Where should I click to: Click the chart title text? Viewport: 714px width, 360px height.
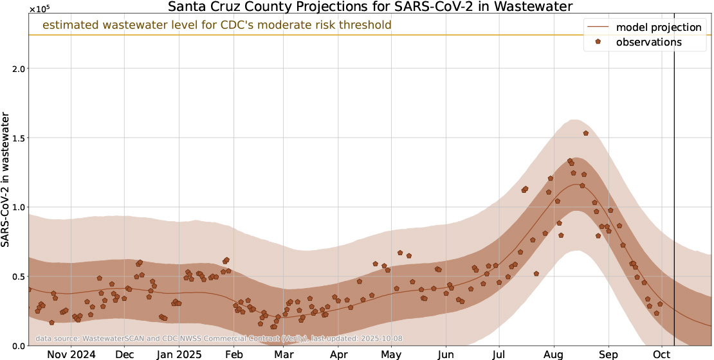[x=370, y=8]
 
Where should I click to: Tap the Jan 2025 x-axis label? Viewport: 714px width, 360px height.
[x=178, y=354]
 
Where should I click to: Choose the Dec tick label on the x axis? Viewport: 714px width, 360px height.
[x=125, y=354]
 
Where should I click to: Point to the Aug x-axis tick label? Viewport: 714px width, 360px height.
[x=553, y=354]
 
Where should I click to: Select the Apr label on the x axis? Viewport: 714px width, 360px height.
[x=338, y=354]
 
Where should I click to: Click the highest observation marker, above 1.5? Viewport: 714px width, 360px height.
[x=586, y=133]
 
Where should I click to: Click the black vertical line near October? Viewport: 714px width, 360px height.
[x=674, y=193]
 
